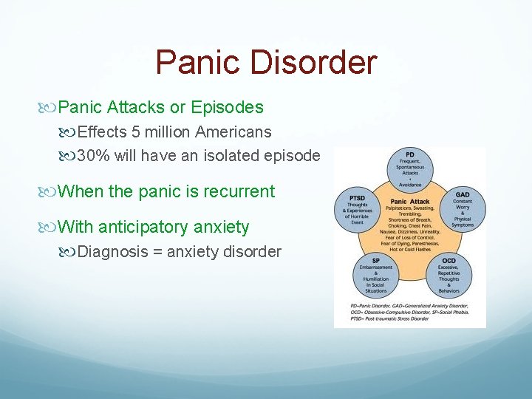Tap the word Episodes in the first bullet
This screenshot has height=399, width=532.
point(227,107)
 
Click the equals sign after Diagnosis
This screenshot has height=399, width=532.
point(157,252)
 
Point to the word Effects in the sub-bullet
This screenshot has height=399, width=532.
point(96,132)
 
